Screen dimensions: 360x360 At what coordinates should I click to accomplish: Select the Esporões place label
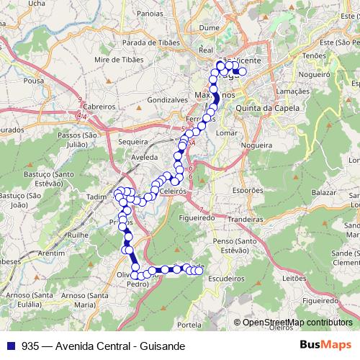(x=248, y=191)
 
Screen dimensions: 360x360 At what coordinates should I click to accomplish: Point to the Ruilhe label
(x=76, y=235)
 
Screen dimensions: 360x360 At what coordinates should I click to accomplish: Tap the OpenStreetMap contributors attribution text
(x=294, y=323)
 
